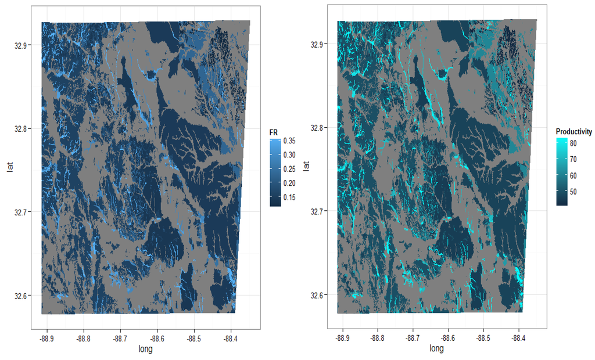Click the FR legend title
274,133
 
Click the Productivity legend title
574,132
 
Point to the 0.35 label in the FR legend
289,141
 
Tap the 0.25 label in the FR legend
289,169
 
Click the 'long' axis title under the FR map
145,349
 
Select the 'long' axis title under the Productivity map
436,348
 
